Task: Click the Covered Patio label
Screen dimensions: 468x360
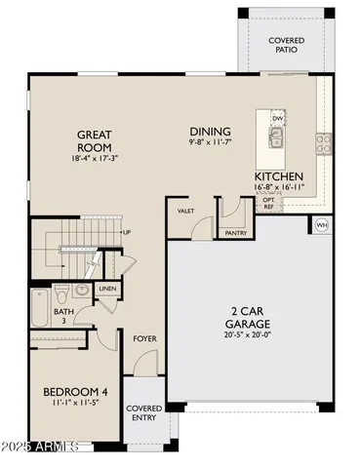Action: click(287, 45)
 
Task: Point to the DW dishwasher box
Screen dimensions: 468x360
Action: click(278, 119)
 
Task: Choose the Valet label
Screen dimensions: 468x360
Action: click(185, 211)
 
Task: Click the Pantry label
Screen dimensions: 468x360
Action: click(233, 234)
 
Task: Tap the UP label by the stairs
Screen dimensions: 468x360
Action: click(127, 232)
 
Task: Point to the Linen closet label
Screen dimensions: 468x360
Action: click(107, 289)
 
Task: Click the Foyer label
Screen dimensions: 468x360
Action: click(144, 339)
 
